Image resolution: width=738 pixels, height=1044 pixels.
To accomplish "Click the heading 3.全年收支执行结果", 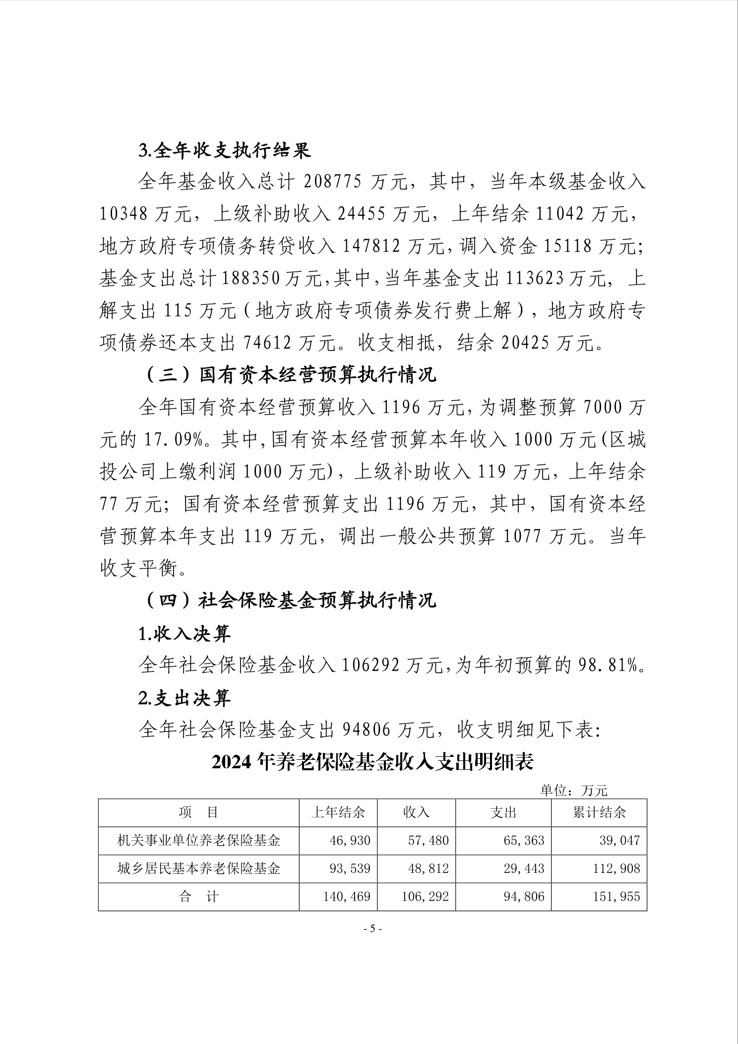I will [225, 150].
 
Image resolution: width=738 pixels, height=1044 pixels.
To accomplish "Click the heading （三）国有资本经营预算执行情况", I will [290, 375].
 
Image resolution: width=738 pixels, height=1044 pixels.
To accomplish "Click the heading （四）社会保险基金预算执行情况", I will [290, 600].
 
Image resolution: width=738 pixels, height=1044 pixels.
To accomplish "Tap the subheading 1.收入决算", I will [184, 633].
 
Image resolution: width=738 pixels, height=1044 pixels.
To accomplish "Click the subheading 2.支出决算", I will [184, 698].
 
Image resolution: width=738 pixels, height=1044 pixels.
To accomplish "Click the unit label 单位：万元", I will [573, 790].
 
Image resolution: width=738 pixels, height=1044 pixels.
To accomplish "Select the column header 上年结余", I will [338, 812].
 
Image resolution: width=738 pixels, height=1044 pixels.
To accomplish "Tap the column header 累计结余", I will [599, 812].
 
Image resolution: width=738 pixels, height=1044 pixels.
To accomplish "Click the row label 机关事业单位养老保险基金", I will [198, 840].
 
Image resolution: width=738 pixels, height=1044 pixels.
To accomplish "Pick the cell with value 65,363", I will [524, 840].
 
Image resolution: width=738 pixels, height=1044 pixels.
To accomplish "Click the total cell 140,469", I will [347, 897].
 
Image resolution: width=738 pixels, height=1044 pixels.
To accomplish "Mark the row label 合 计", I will [198, 897].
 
